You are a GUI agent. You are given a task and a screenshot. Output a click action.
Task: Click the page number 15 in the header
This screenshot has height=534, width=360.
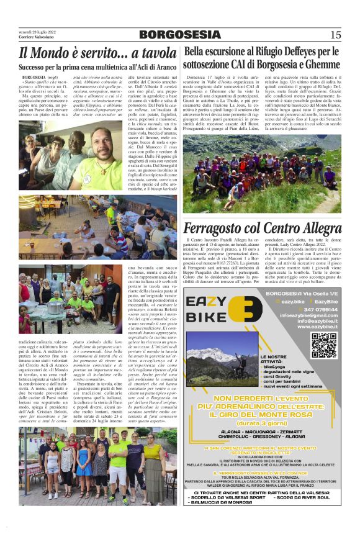coord(335,34)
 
